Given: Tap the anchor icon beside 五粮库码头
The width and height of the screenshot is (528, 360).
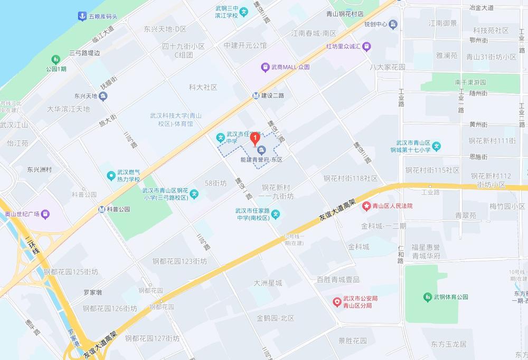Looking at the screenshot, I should coord(82,16).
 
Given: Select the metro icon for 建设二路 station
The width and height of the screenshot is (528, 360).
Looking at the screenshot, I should coord(256,96).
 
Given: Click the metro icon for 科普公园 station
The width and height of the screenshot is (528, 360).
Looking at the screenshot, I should coord(101,209).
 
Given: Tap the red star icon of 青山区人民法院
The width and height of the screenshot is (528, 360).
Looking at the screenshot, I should coord(366,206).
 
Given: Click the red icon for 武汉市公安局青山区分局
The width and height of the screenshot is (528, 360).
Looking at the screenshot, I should coord(336,302).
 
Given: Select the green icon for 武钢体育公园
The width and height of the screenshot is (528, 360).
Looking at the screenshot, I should coord(427,297).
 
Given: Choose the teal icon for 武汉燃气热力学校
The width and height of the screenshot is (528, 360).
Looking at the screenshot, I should coord(111,175).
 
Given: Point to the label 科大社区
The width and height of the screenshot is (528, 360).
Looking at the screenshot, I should coord(203,87).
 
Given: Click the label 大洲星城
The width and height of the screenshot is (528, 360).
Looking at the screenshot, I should coord(268,283).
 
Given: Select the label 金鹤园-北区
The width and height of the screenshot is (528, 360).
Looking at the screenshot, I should coord(275,318).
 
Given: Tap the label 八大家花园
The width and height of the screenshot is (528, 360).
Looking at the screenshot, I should coord(388,67).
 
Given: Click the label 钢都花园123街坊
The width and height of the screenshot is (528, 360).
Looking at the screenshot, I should coord(180,261).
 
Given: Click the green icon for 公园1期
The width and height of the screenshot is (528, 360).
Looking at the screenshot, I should coord(56,59).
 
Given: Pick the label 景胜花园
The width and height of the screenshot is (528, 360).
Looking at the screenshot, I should coord(352,340).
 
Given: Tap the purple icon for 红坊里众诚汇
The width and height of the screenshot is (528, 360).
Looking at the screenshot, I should coord(366,46).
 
